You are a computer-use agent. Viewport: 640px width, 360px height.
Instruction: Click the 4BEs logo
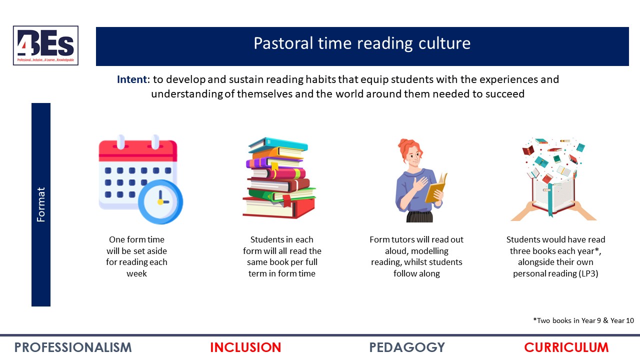[45, 45]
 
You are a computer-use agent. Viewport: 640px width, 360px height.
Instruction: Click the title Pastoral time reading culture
[362, 43]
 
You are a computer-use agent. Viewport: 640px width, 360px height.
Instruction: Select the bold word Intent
[132, 79]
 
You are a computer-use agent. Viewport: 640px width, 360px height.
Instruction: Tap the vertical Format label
[41, 204]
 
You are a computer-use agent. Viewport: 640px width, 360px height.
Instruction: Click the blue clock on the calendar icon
[160, 201]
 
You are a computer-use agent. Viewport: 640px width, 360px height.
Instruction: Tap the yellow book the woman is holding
[435, 189]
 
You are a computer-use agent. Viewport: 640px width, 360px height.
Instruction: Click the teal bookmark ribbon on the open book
[549, 201]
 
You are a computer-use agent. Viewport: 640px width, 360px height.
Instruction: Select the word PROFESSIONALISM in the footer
[73, 347]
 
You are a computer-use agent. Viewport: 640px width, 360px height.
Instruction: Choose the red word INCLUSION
[245, 347]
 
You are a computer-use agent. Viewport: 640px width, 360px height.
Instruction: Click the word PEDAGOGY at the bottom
[407, 347]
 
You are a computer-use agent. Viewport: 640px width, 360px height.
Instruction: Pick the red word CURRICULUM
[566, 347]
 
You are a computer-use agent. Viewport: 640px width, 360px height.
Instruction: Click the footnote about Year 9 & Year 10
[583, 320]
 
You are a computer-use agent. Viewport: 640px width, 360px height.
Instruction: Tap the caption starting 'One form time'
[136, 256]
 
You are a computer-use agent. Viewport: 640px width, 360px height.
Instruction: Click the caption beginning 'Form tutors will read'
[416, 256]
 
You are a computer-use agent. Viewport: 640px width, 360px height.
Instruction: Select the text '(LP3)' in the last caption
[588, 273]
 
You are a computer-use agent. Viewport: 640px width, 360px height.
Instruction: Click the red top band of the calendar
[138, 150]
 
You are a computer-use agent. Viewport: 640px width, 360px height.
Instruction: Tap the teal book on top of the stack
[278, 144]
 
